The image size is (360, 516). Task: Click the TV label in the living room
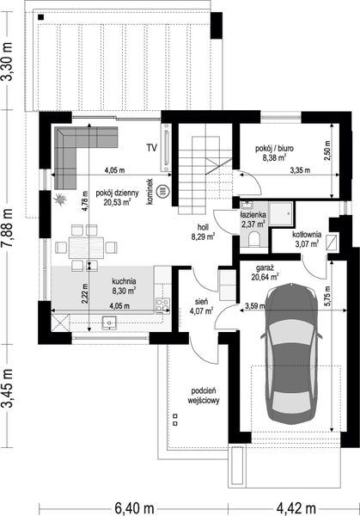click(152, 148)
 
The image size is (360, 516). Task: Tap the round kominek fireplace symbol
click(162, 191)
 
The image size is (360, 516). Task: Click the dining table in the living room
click(86, 248)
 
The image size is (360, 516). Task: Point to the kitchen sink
click(109, 322)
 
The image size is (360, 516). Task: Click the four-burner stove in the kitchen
click(162, 305)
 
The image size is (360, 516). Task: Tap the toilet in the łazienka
click(254, 239)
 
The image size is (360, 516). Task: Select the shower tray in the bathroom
click(281, 214)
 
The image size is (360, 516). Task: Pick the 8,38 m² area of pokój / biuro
click(273, 157)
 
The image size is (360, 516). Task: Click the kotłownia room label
click(307, 235)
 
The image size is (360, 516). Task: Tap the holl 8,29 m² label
click(203, 231)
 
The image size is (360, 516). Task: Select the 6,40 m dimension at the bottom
click(135, 508)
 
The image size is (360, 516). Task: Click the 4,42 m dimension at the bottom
click(296, 508)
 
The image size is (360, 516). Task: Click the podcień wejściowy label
click(204, 396)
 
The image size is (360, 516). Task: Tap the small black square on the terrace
click(40, 17)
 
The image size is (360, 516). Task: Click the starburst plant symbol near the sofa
click(60, 200)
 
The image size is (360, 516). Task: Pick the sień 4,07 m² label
click(201, 306)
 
